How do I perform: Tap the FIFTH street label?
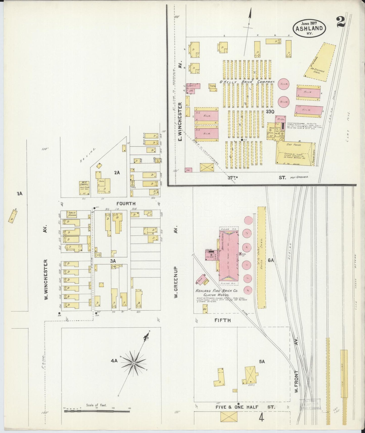[223, 320]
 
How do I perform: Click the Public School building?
[71, 214]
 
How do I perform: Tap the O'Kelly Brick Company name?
[247, 82]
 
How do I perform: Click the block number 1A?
[19, 194]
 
